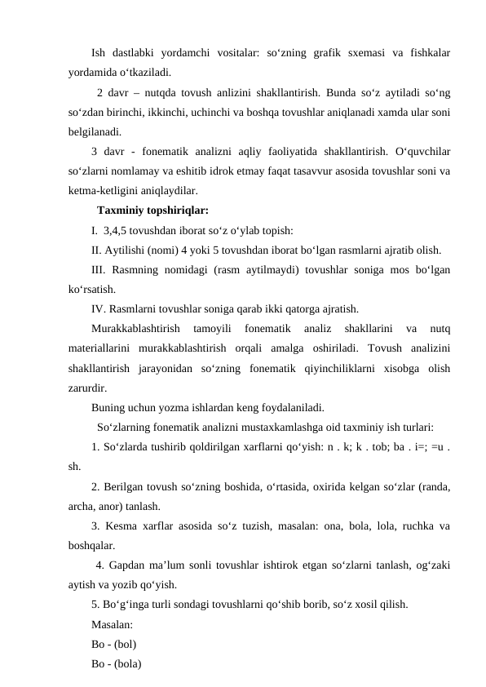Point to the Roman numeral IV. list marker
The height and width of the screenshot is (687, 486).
101,309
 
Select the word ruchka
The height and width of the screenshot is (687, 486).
398,526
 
